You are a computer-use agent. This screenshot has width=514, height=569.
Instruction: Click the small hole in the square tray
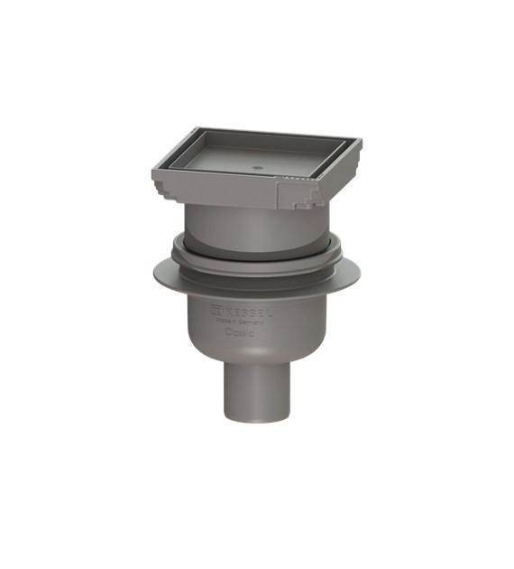coord(256,167)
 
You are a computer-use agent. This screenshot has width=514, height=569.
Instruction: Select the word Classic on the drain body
coord(239,333)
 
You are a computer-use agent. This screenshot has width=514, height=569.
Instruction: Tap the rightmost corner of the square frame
coord(361,142)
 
